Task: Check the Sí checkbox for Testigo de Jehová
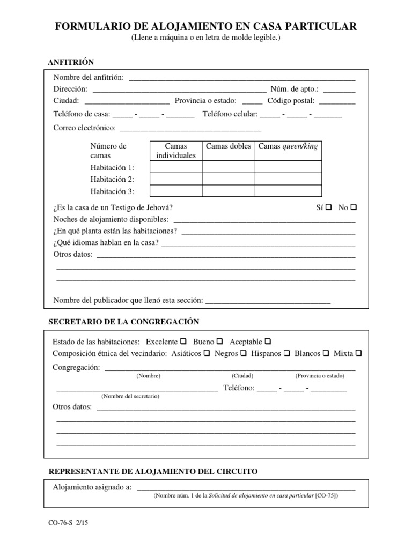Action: coord(328,207)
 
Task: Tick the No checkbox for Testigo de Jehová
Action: coord(354,207)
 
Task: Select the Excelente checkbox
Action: coord(183,342)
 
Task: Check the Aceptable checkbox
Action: coord(268,342)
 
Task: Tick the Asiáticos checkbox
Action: coord(207,353)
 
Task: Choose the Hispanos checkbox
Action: coord(286,353)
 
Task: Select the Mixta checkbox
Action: coord(359,353)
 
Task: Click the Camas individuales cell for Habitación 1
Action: coord(175,167)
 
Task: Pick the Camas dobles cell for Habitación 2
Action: coord(228,179)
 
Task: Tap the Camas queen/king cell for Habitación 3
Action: coord(288,191)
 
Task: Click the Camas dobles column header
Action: coord(228,146)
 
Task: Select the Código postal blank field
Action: coord(337,101)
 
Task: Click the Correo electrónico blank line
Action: coord(190,128)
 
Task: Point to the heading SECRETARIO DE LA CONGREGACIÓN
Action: coord(124,322)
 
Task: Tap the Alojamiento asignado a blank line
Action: coord(246,487)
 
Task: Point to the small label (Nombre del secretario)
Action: coord(130,396)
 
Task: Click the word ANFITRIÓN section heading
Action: coord(71,62)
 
